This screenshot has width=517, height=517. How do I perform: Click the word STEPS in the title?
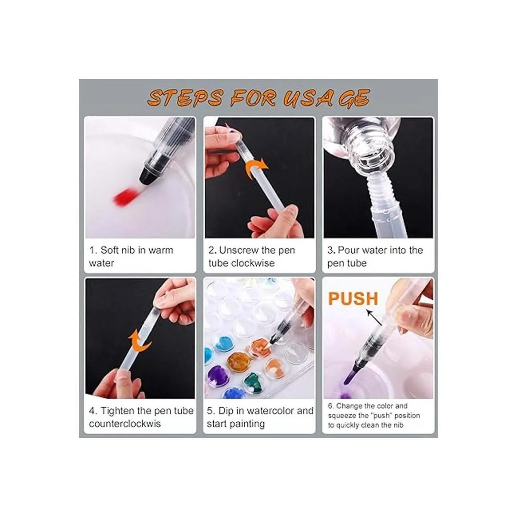pyautogui.click(x=185, y=98)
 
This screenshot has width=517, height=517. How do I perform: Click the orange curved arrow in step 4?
pyautogui.click(x=140, y=342)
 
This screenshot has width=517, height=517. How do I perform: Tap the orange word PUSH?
pyautogui.click(x=353, y=299)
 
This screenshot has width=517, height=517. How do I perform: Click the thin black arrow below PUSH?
pyautogui.click(x=374, y=318)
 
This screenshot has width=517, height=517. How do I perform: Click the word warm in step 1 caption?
pyautogui.click(x=160, y=251)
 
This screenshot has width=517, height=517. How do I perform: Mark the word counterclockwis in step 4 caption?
pyautogui.click(x=125, y=424)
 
